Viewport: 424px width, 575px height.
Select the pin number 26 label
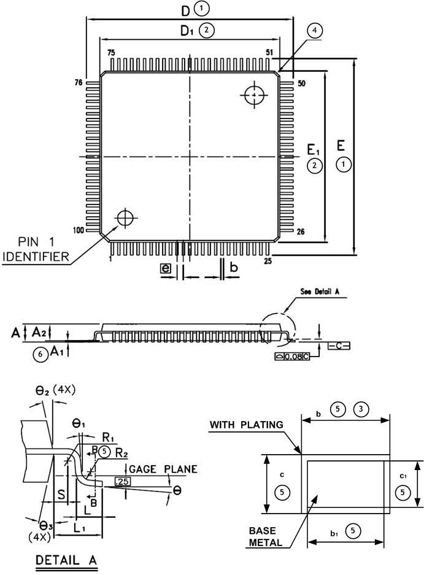[x=301, y=232]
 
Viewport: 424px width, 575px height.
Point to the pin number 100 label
[x=79, y=230]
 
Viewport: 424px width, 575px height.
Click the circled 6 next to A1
[x=40, y=354]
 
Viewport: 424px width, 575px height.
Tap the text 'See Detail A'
[x=320, y=291]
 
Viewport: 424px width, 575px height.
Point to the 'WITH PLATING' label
[x=246, y=425]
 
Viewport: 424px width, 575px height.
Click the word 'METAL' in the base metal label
[x=265, y=542]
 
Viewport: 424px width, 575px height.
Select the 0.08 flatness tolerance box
[x=292, y=357]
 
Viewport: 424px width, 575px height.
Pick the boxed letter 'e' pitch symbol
[x=165, y=268]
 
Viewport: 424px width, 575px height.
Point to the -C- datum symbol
[x=339, y=346]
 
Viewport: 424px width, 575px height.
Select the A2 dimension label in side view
[x=39, y=331]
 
